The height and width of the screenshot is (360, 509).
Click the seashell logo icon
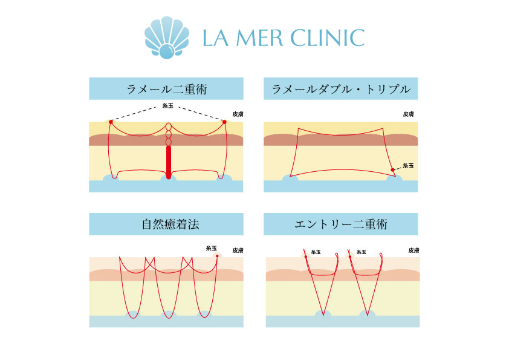coord(167,38)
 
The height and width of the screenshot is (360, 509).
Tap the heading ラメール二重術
coord(166,89)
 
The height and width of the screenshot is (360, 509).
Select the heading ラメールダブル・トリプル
coord(341,89)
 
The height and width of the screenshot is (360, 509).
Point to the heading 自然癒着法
coord(170,224)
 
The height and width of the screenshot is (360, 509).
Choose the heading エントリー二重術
coord(341,224)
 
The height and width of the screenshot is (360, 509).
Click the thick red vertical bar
coord(169,162)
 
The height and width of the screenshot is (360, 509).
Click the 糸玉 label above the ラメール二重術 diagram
coord(168,106)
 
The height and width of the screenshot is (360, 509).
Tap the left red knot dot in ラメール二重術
coord(111,122)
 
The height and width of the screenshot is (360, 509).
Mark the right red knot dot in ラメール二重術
coord(224,122)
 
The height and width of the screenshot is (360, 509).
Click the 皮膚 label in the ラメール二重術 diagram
coord(238,114)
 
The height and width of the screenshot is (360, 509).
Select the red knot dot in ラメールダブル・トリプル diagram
coord(392,169)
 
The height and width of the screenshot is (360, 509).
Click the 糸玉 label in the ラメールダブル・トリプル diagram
coord(408,166)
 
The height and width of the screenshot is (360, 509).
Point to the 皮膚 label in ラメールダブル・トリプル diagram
coord(409,114)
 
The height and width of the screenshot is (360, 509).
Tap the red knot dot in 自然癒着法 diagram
coord(217,256)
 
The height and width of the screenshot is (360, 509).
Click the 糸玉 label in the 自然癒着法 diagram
coord(212,248)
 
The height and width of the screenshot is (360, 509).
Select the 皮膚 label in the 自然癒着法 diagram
coord(238,250)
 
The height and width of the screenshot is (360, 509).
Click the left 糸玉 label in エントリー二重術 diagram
coord(316,252)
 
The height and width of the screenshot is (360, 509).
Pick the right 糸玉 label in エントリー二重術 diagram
coord(361,252)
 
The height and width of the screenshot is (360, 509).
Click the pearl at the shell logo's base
coord(167,51)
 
